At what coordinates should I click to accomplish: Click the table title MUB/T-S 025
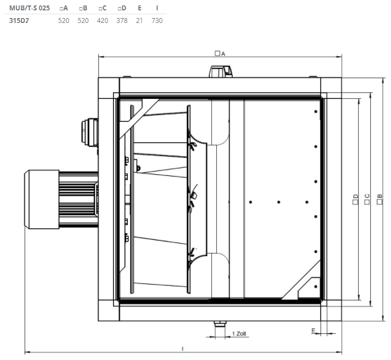pos(29,8)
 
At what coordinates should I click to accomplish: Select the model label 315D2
pos(19,20)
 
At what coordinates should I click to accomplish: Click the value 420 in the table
pos(103,20)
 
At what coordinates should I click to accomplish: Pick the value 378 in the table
pos(122,20)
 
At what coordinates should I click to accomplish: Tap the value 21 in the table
pos(139,20)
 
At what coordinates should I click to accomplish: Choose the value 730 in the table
pos(157,20)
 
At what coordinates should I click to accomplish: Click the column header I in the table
pos(157,8)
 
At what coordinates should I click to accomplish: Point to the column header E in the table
pos(140,8)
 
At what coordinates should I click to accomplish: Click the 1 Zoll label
pos(239,334)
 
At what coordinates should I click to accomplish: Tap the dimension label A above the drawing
pos(220,54)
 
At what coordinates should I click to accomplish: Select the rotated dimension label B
pos(380,199)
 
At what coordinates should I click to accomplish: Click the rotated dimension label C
pos(367,199)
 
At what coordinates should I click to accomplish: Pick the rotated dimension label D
pos(356,199)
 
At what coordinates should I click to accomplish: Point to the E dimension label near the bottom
pos(313,331)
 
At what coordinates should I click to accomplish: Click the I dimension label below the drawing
pos(183,349)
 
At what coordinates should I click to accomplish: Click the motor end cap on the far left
pos(42,199)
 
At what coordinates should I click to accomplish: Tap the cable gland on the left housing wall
pos(90,132)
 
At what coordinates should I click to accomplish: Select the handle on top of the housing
pos(221,72)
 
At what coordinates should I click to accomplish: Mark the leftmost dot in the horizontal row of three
pos(251,202)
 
